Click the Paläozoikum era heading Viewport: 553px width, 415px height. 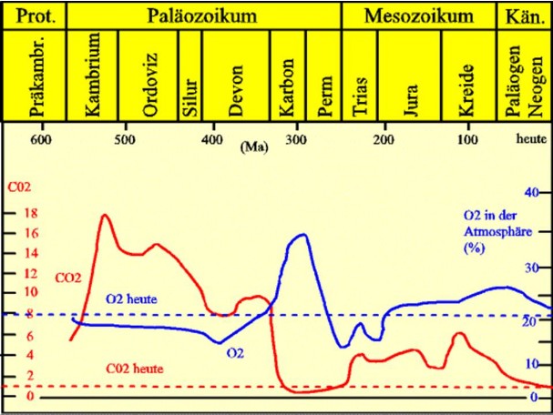coord(202,15)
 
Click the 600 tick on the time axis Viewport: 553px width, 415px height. coord(38,139)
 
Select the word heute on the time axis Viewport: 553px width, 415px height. coord(529,139)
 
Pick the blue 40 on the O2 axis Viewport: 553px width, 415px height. coord(532,192)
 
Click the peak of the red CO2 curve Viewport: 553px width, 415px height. coord(105,215)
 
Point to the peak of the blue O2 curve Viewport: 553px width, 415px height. coord(300,234)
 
